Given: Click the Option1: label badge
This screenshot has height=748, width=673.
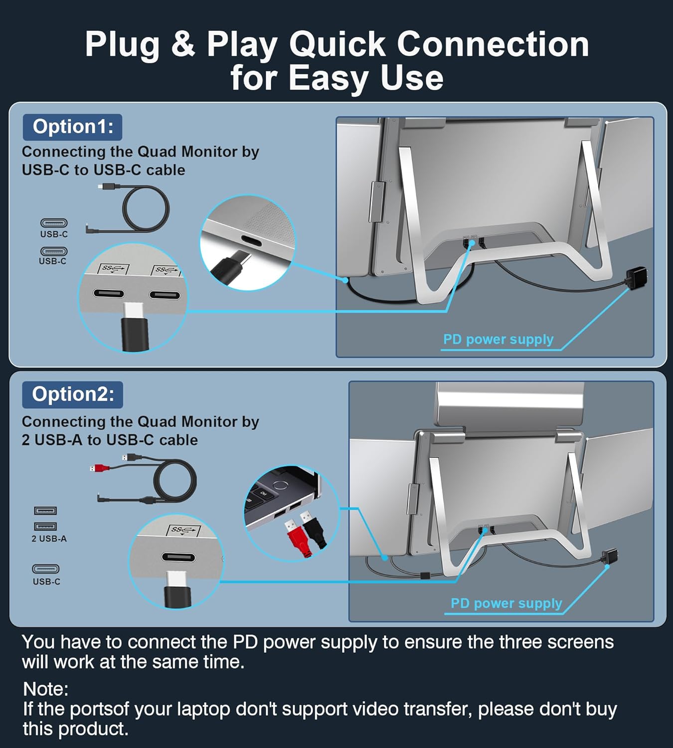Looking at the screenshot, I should click(73, 127).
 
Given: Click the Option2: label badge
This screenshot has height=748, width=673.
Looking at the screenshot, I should click(73, 394).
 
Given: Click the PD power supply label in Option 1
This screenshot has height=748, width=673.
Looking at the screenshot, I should click(498, 340).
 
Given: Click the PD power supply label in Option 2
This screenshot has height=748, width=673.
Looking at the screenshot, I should click(506, 603).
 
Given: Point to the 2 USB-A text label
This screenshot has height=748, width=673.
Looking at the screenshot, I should click(49, 539).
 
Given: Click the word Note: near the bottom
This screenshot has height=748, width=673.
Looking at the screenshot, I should click(45, 689).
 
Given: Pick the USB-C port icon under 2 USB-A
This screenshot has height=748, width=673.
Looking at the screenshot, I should click(46, 569).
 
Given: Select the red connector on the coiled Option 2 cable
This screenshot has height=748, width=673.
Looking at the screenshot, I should click(100, 468).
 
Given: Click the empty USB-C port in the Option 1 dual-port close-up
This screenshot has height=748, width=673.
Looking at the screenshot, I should click(165, 295).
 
